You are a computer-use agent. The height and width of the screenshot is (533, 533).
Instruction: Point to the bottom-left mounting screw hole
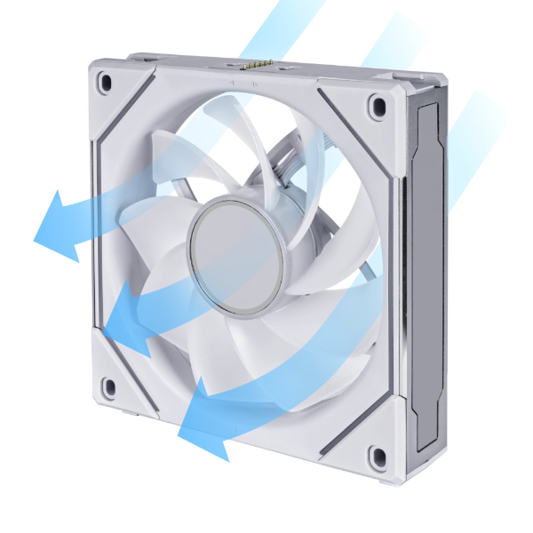point(108,386)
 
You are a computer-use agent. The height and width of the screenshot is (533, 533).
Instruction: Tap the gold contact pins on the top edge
point(256,65)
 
